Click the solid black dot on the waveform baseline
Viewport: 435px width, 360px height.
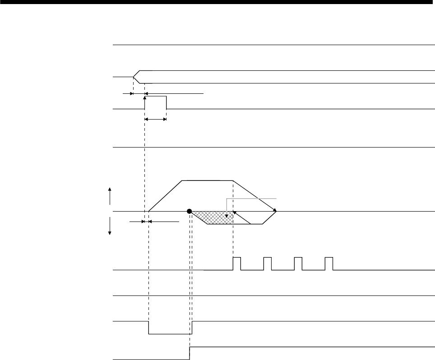[x=190, y=211]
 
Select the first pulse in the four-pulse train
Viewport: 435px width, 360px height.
[x=237, y=263]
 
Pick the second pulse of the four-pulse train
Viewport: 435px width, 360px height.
[x=268, y=263]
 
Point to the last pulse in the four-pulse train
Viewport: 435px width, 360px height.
[x=329, y=263]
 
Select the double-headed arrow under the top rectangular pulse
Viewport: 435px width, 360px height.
[x=155, y=119]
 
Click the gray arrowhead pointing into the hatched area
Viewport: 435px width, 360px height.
[x=227, y=215]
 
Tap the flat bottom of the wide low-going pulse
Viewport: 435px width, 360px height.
[x=170, y=334]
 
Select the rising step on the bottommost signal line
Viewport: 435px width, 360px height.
[x=190, y=353]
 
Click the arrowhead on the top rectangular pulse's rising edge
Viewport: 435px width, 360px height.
[x=145, y=96]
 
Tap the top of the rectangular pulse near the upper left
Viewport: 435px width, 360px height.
[x=155, y=96]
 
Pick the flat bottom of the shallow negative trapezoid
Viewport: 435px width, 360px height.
[x=235, y=224]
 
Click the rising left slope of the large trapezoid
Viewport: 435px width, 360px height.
[x=165, y=195]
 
